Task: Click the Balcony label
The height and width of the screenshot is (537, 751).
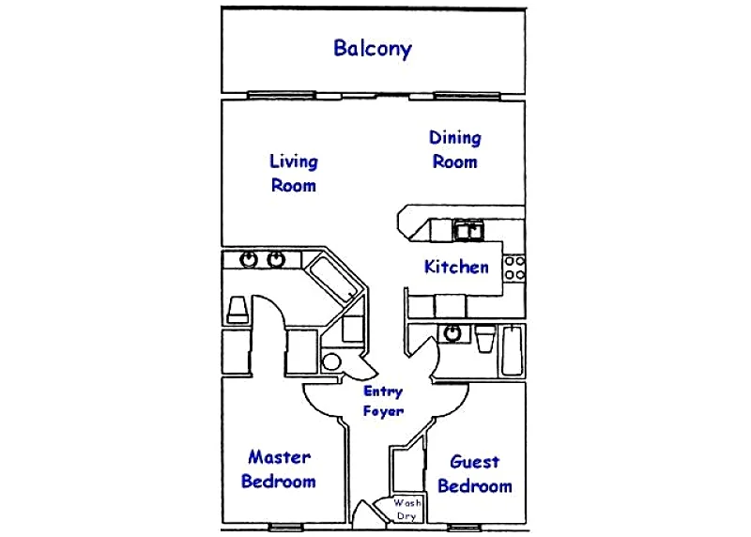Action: point(373,49)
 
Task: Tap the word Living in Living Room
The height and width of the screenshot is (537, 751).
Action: point(294,161)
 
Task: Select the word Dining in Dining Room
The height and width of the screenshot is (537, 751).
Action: point(455,137)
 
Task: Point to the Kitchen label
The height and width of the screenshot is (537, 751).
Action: point(456,267)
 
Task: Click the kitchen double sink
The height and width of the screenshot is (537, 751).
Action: point(468,230)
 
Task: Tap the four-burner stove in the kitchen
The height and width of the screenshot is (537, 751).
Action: point(514,268)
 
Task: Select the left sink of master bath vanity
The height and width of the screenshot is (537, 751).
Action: point(249,259)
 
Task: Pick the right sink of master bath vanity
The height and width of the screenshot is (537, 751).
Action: point(276,259)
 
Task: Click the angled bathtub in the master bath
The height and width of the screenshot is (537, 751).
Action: point(333,278)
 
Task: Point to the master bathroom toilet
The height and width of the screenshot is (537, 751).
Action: point(238,310)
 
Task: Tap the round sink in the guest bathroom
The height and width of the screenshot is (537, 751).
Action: point(452,333)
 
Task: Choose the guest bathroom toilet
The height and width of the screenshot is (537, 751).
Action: point(485,339)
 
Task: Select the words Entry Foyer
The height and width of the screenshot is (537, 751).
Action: point(383,401)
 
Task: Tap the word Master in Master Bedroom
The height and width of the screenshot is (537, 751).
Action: point(279,457)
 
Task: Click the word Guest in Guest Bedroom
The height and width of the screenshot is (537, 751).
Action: point(475,462)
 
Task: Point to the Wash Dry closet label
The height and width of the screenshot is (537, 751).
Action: point(407,509)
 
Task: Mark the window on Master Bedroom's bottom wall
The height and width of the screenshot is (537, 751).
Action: point(286,527)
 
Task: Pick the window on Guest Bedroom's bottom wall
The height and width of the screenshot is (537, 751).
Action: point(464,528)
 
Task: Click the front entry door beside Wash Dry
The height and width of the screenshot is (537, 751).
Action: point(369,514)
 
